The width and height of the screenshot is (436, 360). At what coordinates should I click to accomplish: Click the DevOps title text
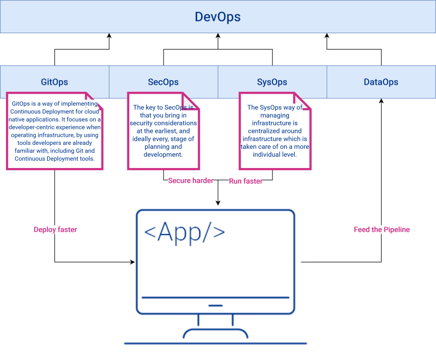pyautogui.click(x=218, y=17)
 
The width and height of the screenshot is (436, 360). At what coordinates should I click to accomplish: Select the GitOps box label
pyautogui.click(x=54, y=82)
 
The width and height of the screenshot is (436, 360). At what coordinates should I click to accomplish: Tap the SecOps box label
pyautogui.click(x=163, y=82)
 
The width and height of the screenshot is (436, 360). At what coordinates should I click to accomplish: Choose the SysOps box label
pyautogui.click(x=272, y=82)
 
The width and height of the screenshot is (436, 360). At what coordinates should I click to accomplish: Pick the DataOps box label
pyautogui.click(x=381, y=82)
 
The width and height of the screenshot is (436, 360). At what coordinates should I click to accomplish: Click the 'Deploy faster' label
pyautogui.click(x=55, y=230)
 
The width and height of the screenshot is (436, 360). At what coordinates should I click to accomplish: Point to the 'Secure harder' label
pyautogui.click(x=191, y=180)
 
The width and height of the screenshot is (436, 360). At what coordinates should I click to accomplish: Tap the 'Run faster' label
pyautogui.click(x=246, y=181)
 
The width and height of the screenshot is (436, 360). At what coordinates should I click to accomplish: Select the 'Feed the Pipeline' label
pyautogui.click(x=382, y=230)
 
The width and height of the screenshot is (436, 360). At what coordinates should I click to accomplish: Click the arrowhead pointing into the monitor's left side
pyautogui.click(x=133, y=262)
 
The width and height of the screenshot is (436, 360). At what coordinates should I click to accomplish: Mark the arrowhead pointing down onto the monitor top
pyautogui.click(x=218, y=203)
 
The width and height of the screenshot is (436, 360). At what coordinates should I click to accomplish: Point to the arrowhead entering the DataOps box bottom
pyautogui.click(x=381, y=101)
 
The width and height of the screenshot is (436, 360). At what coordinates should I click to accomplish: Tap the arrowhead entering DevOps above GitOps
pyautogui.click(x=109, y=36)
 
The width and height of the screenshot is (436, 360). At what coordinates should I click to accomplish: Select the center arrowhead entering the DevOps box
pyautogui.click(x=218, y=36)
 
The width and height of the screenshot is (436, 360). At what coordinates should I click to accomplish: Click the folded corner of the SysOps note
pyautogui.click(x=302, y=101)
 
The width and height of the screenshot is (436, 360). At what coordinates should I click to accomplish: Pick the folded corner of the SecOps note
pyautogui.click(x=190, y=101)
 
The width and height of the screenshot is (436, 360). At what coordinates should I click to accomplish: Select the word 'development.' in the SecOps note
pyautogui.click(x=163, y=155)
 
